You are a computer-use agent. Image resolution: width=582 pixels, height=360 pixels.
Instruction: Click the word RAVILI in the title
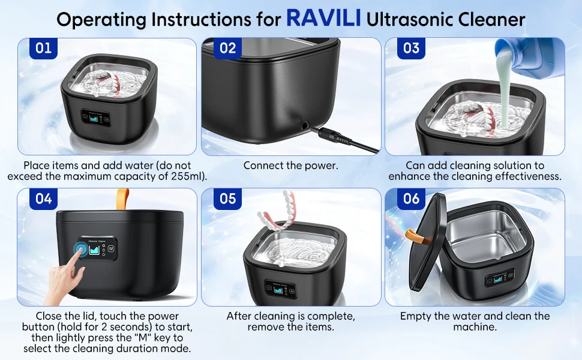pyautogui.click(x=323, y=19)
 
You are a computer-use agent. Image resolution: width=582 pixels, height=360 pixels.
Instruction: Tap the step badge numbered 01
pyautogui.click(x=43, y=48)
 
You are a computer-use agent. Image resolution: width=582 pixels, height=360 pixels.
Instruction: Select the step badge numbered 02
pyautogui.click(x=227, y=48)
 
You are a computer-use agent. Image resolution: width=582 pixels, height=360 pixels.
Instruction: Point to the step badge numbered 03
pyautogui.click(x=411, y=48)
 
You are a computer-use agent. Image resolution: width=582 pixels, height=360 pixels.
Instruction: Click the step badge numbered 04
pyautogui.click(x=43, y=199)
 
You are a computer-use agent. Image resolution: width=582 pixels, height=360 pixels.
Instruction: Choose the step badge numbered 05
pyautogui.click(x=227, y=199)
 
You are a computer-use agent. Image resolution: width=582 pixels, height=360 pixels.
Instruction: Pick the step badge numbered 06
pyautogui.click(x=411, y=199)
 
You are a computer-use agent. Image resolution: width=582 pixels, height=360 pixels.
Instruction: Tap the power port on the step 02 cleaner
pyautogui.click(x=306, y=126)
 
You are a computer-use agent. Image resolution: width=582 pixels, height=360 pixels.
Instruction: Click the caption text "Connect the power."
pyautogui.click(x=290, y=165)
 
